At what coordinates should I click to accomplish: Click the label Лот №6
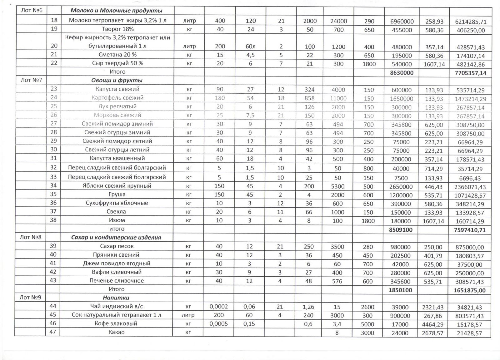pos(32,10)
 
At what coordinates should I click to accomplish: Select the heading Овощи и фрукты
pos(117,80)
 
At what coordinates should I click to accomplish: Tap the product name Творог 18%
pos(117,29)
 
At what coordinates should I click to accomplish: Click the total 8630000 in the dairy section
pos(402,73)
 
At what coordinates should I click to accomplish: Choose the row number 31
pos(53,158)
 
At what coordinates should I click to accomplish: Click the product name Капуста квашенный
pos(117,158)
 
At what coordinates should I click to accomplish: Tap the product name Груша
pos(117,194)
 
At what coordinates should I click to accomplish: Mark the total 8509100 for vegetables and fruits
pos(401,230)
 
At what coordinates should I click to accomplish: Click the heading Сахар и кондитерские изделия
pos(116,237)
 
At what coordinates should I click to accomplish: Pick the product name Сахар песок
pos(117,246)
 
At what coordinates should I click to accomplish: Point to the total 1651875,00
pos(470,290)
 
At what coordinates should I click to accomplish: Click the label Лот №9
pos(30,297)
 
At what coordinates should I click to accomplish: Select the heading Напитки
pos(116,298)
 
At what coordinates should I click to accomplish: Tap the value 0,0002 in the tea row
pos(219,307)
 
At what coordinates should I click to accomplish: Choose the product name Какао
pos(116,332)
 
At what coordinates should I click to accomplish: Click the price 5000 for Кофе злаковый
pos(367,324)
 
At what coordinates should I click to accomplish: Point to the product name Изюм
pos(117,220)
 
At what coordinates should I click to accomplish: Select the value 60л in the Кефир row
pos(251,46)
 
